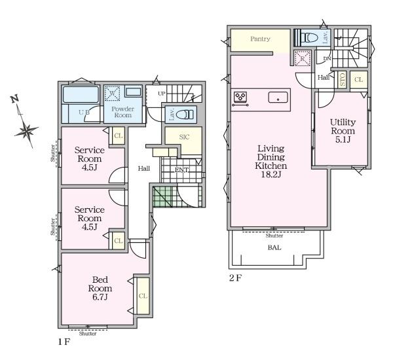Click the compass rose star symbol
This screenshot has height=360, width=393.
click(x=26, y=130)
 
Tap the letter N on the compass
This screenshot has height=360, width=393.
click(x=15, y=99)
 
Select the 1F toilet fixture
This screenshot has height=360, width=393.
click(x=185, y=115)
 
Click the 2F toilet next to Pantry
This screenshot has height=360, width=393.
click(x=309, y=38)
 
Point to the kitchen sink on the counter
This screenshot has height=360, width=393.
click(x=278, y=98)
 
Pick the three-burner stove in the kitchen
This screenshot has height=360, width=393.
click(x=240, y=97)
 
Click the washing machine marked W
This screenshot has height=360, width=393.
click(x=112, y=94)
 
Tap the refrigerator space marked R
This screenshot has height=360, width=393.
click(x=303, y=59)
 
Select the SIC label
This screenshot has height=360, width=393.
click(x=184, y=137)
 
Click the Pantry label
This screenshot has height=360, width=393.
click(x=260, y=39)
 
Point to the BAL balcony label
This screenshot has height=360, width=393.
click(x=274, y=247)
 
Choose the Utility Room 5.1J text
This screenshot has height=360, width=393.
click(x=343, y=131)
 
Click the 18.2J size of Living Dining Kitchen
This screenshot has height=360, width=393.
click(x=271, y=174)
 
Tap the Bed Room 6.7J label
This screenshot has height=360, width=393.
click(x=100, y=288)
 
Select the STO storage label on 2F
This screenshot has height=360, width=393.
click(x=342, y=79)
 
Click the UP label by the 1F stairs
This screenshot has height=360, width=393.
click(x=162, y=94)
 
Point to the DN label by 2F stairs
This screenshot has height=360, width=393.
click(x=327, y=59)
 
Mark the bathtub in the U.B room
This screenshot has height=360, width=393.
click(x=81, y=94)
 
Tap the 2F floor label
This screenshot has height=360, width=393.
click(x=235, y=278)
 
